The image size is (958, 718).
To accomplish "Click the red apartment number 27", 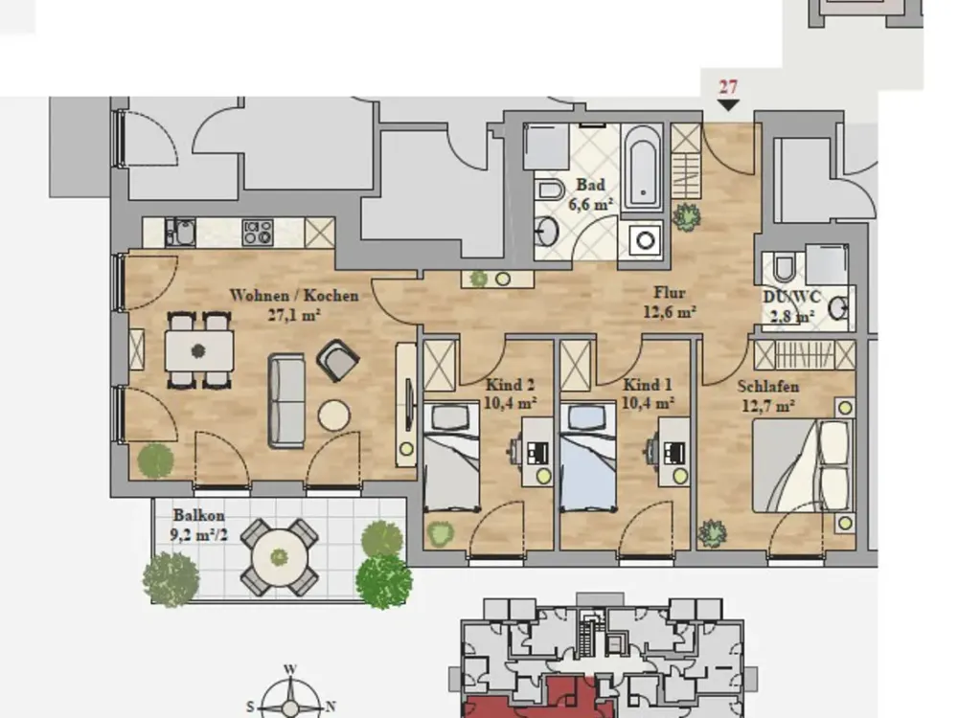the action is pyautogui.click(x=728, y=87).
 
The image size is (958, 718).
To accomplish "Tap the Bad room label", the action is pyautogui.click(x=590, y=185).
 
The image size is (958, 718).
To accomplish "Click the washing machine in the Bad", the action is pyautogui.click(x=645, y=240).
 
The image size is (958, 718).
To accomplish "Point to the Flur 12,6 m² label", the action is pyautogui.click(x=670, y=303).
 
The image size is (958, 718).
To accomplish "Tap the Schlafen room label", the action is pyautogui.click(x=768, y=387).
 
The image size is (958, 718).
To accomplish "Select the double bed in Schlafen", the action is pyautogui.click(x=801, y=465).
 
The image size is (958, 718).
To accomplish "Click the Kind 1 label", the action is pyautogui.click(x=648, y=385).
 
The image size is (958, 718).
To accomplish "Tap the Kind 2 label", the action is pyautogui.click(x=511, y=385).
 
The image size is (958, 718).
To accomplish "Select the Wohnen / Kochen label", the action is pyautogui.click(x=294, y=296).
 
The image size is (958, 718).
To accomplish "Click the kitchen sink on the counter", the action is pyautogui.click(x=180, y=233).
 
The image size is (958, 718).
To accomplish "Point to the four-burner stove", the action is pyautogui.click(x=257, y=233).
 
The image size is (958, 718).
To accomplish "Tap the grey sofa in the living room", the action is pyautogui.click(x=286, y=401).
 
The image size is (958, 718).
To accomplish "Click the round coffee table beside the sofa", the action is pyautogui.click(x=334, y=415).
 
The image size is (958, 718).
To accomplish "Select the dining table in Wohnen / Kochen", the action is pyautogui.click(x=198, y=351).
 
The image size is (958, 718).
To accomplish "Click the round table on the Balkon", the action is pyautogui.click(x=280, y=557).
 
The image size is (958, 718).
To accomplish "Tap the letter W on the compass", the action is pyautogui.click(x=290, y=669).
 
